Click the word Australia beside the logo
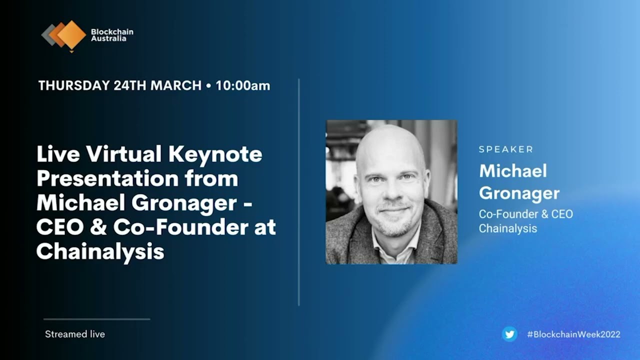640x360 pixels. point(108,38)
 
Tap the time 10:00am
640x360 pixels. point(242,85)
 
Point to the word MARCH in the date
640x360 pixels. point(176,85)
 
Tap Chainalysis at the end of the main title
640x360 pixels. point(100,251)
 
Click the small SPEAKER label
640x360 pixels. point(506,149)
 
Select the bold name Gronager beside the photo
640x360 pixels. point(519,193)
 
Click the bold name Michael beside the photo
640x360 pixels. point(513,171)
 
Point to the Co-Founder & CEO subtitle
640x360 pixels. point(526,214)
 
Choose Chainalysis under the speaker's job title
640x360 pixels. point(508,228)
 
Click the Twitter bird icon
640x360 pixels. point(509,334)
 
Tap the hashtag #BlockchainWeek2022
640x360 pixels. point(573,334)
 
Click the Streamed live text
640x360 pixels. point(75,334)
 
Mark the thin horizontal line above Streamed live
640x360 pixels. point(96,319)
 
